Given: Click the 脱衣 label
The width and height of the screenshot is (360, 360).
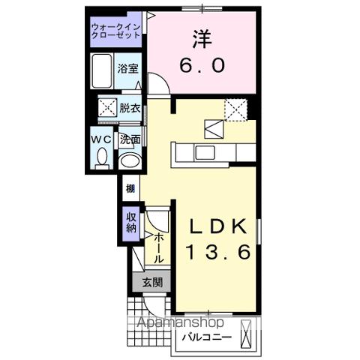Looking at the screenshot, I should pos(130,108).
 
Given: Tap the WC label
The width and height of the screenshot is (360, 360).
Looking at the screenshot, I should pos(103,139).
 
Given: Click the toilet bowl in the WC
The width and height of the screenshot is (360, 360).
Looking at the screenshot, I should pos(103,157).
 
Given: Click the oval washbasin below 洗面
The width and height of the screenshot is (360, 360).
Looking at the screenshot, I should pos(130,159).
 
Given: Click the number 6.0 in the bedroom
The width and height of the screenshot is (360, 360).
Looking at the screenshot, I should pos(201,66).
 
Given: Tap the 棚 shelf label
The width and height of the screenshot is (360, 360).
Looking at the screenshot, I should pos(130,188).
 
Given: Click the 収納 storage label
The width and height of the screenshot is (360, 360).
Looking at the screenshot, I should pos(130,223).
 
